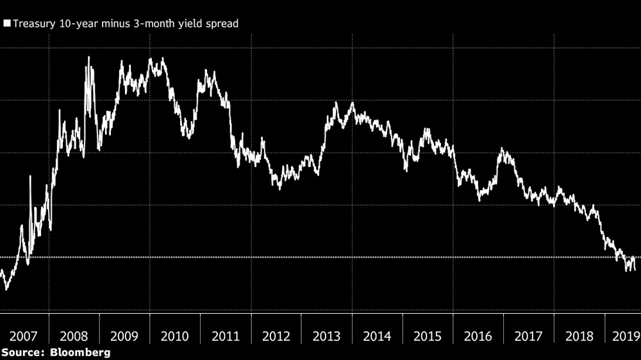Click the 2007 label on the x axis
click(x=23, y=336)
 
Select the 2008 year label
click(x=74, y=336)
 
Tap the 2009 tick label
click(x=124, y=336)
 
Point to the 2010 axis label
click(x=175, y=336)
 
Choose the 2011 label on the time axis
click(x=226, y=336)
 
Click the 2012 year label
click(x=276, y=336)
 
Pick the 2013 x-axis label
click(x=327, y=336)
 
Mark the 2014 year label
click(x=378, y=336)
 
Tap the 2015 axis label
click(x=428, y=336)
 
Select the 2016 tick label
click(x=478, y=336)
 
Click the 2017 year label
click(x=529, y=336)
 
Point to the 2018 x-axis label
click(x=579, y=336)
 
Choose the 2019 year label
click(x=624, y=336)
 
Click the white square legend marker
click(x=6, y=24)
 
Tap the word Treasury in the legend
click(x=31, y=24)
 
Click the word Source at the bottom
click(x=23, y=352)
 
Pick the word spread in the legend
click(x=222, y=24)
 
